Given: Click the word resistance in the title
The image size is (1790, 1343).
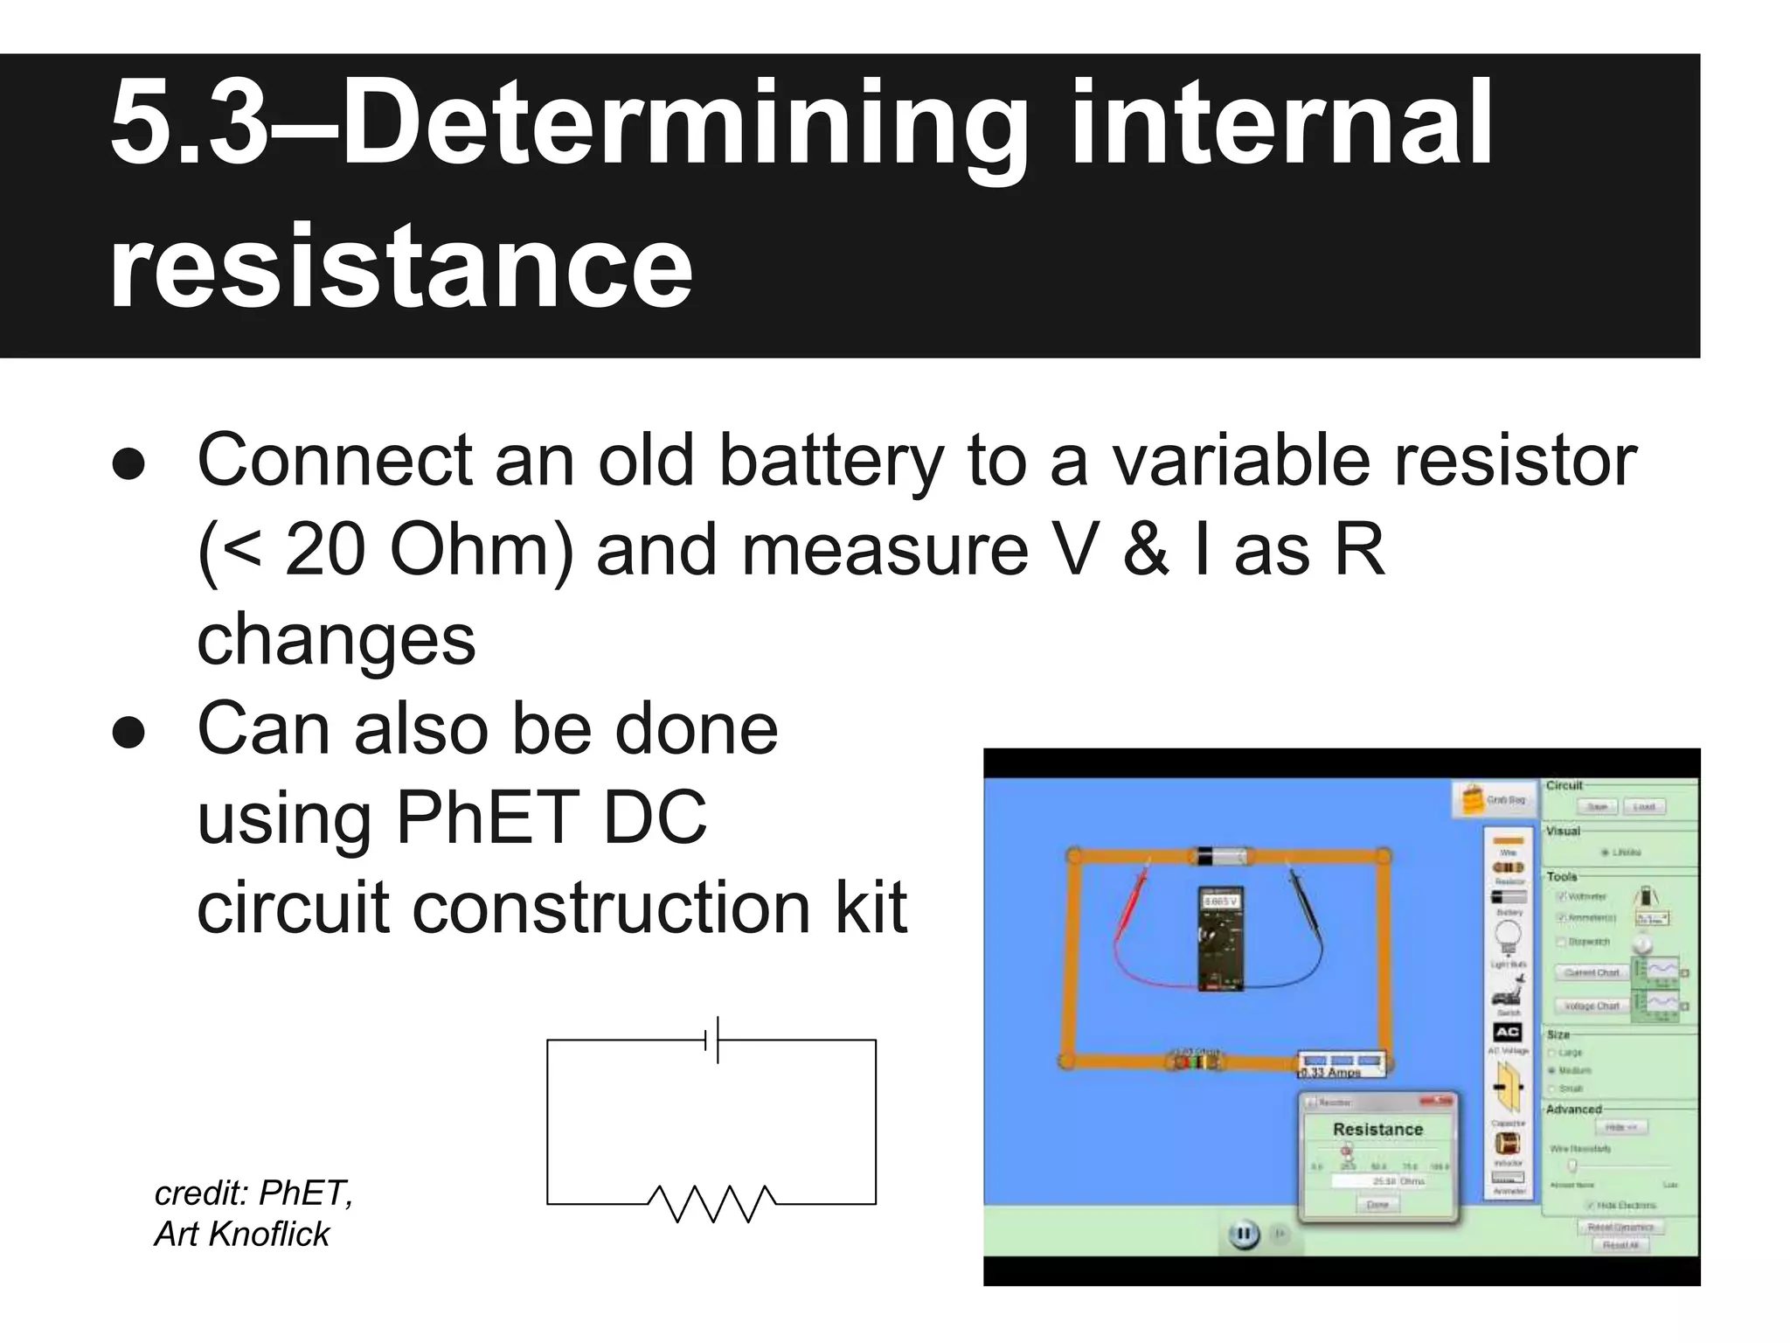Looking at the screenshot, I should tap(400, 265).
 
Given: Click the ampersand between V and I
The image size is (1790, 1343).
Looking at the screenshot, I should tap(1146, 550).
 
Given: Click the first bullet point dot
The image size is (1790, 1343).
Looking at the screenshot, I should tap(128, 465).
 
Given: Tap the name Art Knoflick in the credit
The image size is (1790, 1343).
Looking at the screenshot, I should tap(242, 1234).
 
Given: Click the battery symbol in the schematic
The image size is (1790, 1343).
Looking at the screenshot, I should tap(712, 1040).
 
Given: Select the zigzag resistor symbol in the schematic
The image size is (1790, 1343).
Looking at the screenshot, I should tap(712, 1203).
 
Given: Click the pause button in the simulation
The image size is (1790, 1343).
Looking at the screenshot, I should tap(1243, 1235).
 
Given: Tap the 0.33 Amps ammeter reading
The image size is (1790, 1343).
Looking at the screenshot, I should tap(1332, 1071).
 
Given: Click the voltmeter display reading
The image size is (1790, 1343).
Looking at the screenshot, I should tap(1220, 901).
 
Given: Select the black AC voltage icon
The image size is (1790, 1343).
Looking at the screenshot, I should tap(1507, 1032).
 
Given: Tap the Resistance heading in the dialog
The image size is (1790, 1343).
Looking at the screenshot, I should tap(1377, 1129).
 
